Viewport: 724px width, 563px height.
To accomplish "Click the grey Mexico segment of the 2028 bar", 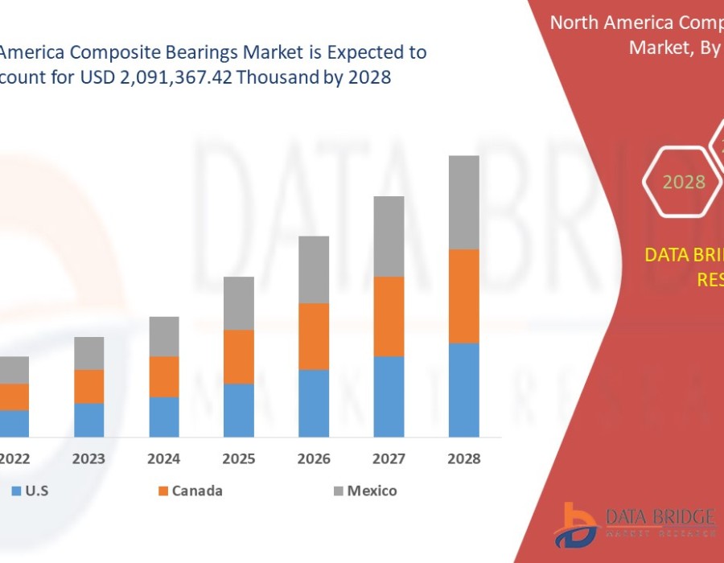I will (464, 202).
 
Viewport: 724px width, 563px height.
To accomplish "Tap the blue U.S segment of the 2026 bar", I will (314, 403).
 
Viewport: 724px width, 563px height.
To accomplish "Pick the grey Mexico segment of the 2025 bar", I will (239, 303).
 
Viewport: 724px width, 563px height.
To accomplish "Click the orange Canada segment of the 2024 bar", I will (164, 376).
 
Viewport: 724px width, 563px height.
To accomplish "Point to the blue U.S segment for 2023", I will (89, 420).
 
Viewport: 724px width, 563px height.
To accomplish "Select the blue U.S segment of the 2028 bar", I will (464, 390).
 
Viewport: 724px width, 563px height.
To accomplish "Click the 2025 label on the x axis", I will (239, 459).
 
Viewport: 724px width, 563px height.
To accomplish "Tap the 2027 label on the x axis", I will (389, 459).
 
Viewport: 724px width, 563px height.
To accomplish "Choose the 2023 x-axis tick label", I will (89, 459).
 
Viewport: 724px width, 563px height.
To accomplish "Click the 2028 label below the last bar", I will (464, 459).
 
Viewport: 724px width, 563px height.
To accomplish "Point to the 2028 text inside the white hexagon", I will (684, 182).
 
